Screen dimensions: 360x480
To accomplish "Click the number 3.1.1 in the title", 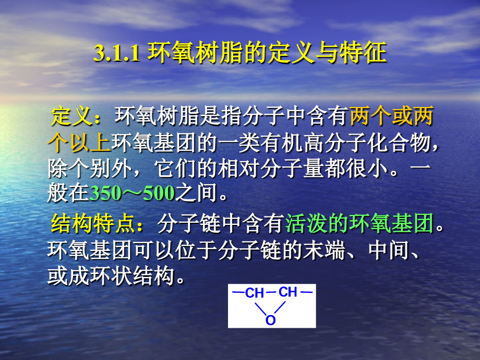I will pyautogui.click(x=117, y=54).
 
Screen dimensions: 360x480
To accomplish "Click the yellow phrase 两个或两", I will pyautogui.click(x=391, y=117).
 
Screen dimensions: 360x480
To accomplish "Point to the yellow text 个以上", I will pyautogui.click(x=78, y=142).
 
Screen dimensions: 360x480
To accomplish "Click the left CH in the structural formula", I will pyautogui.click(x=254, y=294).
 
